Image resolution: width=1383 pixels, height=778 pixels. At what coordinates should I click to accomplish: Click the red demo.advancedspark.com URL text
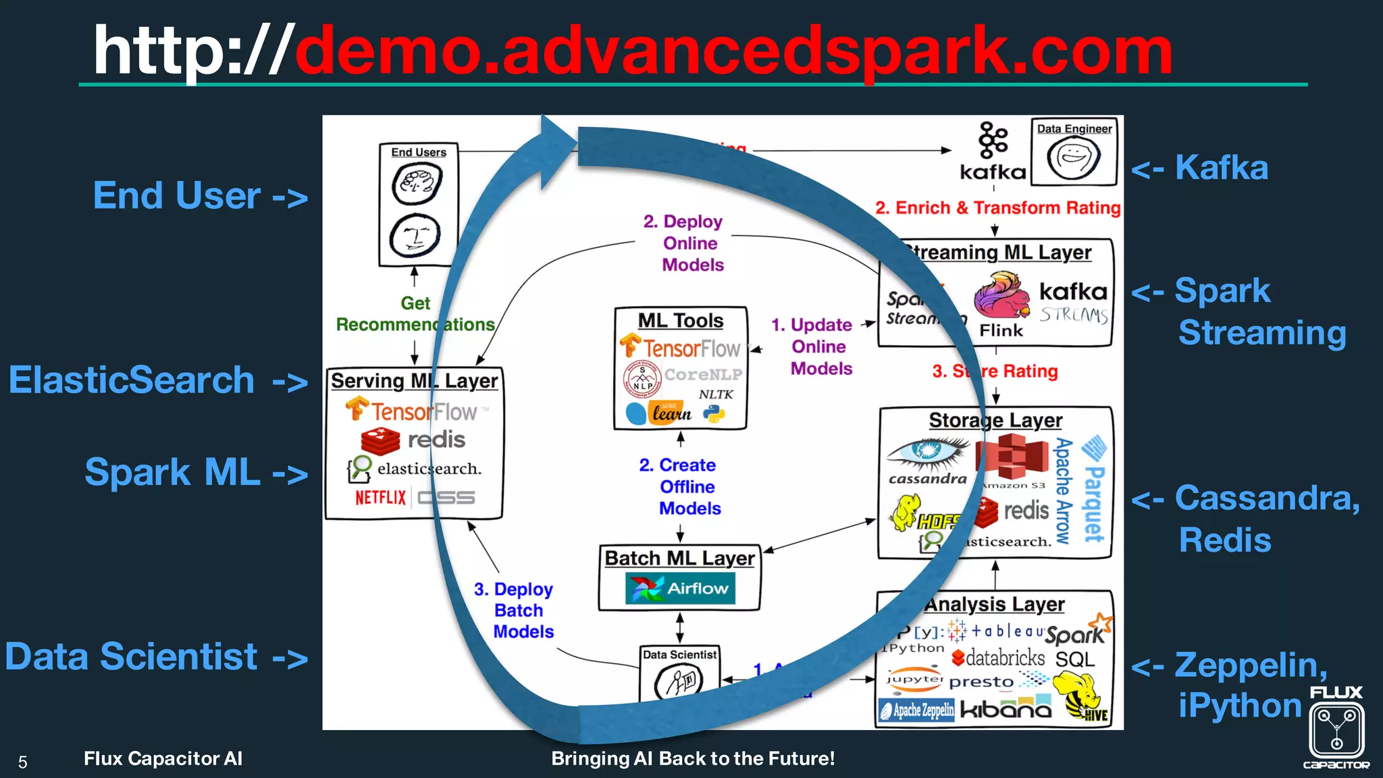point(733,51)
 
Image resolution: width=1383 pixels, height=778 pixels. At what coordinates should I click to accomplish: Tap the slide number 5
point(22,762)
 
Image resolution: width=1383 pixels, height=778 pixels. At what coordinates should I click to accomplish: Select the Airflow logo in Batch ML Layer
point(680,588)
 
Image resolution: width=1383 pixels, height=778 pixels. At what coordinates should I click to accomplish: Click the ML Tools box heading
point(680,321)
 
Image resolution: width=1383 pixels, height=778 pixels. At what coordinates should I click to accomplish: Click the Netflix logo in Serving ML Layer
point(381,498)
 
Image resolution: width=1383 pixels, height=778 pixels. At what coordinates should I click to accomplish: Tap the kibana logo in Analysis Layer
point(1006,709)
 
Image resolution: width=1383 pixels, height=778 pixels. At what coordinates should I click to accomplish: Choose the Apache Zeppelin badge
point(916,710)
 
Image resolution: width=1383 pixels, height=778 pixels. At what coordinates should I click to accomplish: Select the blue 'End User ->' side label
point(200,196)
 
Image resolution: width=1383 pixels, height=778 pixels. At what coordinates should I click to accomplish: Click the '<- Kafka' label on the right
point(1200,167)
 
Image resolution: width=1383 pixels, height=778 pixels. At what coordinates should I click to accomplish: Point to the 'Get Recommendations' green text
point(415,314)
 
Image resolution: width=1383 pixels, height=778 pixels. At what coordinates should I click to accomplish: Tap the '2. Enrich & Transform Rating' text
point(997,208)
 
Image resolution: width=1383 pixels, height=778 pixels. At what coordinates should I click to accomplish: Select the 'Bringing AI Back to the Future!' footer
point(693,758)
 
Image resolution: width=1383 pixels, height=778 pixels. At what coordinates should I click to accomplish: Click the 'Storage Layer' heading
point(995,420)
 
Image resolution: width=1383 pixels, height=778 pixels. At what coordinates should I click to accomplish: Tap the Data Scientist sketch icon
point(679,681)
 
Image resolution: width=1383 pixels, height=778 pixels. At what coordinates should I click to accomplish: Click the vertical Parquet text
point(1094,490)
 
